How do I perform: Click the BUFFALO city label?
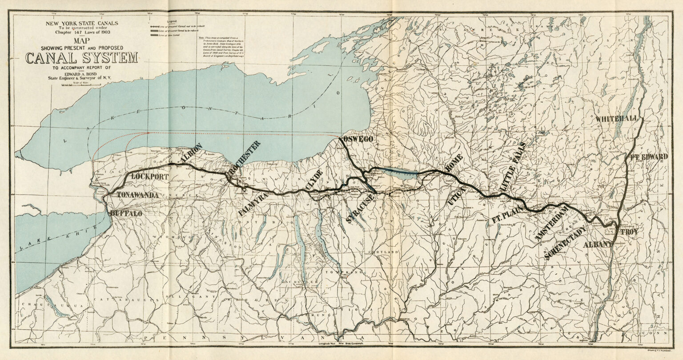pyautogui.click(x=126, y=214)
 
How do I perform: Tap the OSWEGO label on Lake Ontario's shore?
pyautogui.click(x=357, y=140)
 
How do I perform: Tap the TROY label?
pyautogui.click(x=629, y=232)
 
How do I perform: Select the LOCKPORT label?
pyautogui.click(x=150, y=176)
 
